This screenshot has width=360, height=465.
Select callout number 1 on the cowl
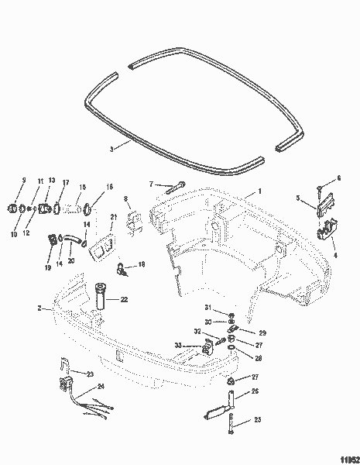(260, 191)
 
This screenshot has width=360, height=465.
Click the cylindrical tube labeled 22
(102, 298)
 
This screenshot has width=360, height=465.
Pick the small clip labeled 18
(122, 269)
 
